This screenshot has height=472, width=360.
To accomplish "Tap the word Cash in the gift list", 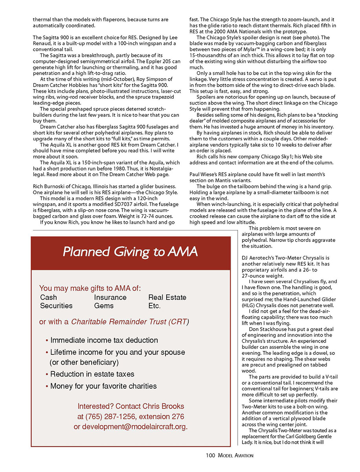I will [x=49, y=297].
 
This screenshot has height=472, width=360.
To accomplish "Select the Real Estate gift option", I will [x=167, y=297].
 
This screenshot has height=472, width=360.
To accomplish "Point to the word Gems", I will [x=104, y=306].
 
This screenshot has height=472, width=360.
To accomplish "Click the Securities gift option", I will [x=56, y=306].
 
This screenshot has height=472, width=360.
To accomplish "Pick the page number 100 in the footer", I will [x=210, y=455].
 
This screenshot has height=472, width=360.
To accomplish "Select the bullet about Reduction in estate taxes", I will [x=92, y=374].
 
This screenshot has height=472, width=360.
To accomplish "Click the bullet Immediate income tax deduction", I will [x=104, y=340].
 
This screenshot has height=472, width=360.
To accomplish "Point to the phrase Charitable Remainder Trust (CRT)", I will [x=130, y=322].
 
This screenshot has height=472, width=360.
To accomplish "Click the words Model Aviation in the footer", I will [x=235, y=455].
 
